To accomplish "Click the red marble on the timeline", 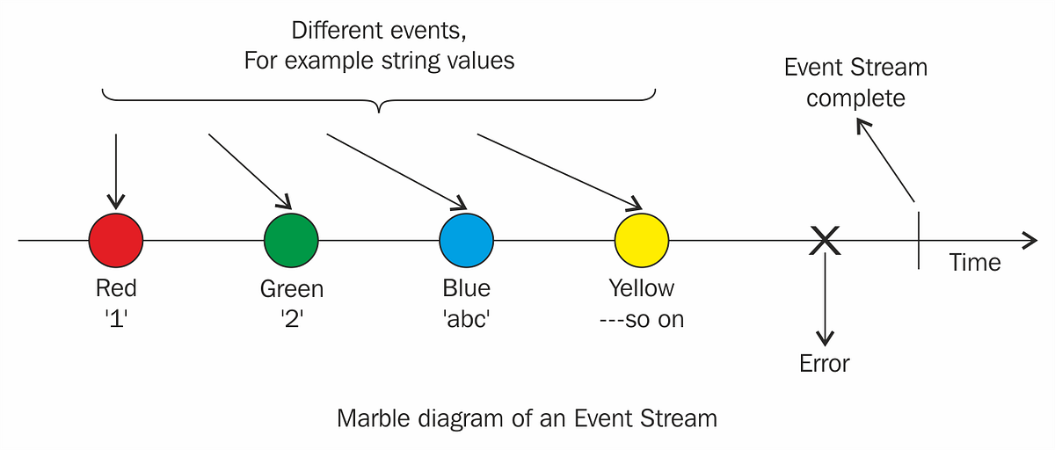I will pos(116,240).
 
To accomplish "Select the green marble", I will pos(291,240).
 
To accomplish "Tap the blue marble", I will pos(466,240).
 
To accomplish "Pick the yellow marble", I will pos(641,240).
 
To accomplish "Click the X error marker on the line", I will pos(824,240).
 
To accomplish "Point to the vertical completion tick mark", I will pos(919,239).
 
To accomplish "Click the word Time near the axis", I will pos(974,262).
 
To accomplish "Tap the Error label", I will pos(824,363).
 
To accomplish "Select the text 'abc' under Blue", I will pos(466,319).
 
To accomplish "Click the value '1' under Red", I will pos(116,319).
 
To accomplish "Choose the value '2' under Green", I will pos(291,319).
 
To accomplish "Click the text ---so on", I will pos(641,319).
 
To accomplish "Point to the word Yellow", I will pos(641,288).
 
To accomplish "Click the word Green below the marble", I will pos(291,288).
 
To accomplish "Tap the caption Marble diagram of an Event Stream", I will pos(527,418).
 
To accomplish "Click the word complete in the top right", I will pos(855,98).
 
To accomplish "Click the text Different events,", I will pos(379,31).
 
